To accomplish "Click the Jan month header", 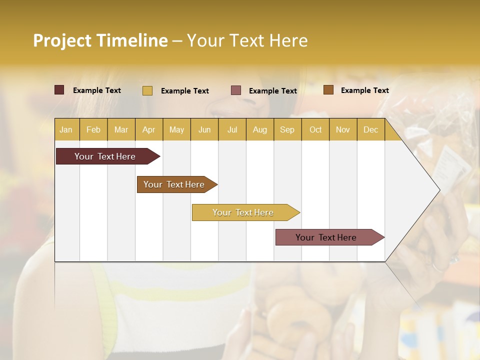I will [x=66, y=129].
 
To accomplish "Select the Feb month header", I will [x=93, y=129].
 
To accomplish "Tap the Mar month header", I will [x=121, y=129].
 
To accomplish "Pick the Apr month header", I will [x=149, y=129].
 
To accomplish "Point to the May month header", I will [x=176, y=129].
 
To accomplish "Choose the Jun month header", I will [x=204, y=129].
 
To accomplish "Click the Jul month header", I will [x=232, y=129].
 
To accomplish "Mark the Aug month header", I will [x=260, y=129].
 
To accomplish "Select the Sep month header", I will [x=287, y=129].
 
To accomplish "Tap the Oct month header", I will [x=315, y=129].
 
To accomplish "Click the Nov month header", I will [x=343, y=129].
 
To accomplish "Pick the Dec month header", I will [x=371, y=129].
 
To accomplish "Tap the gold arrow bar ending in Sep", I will [x=243, y=212].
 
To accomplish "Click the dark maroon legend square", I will [x=59, y=90].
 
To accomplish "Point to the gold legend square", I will [x=147, y=90].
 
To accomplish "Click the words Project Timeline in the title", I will [x=100, y=40].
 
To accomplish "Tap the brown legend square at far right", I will [x=328, y=90].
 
